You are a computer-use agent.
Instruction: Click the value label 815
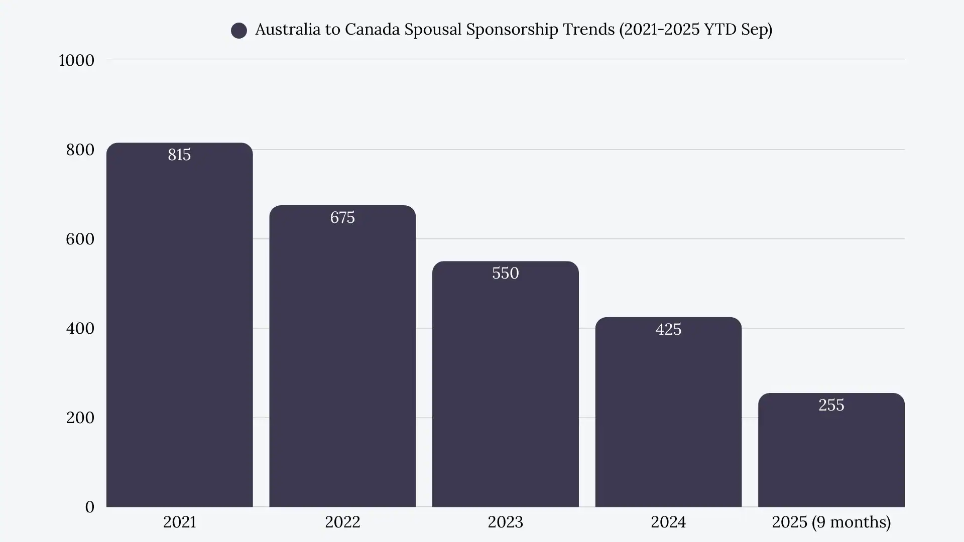point(179,155)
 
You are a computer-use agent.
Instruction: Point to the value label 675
point(342,217)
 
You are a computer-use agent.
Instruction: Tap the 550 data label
point(505,273)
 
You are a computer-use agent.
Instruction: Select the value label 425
point(668,329)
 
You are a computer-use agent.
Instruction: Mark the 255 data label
point(831,405)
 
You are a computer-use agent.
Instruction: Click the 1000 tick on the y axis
point(76,60)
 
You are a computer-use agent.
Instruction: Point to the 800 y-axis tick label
point(80,150)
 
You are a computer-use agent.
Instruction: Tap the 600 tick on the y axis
point(80,239)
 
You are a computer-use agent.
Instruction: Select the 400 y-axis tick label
point(80,328)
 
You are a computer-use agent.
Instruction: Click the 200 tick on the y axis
point(80,418)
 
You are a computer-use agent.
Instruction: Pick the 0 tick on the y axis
point(89,507)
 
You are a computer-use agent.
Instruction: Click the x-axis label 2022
point(342,522)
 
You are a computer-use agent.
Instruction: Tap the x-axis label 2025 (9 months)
point(831,522)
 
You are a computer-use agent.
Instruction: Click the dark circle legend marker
point(239,31)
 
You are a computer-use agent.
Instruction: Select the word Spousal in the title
point(433,30)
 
